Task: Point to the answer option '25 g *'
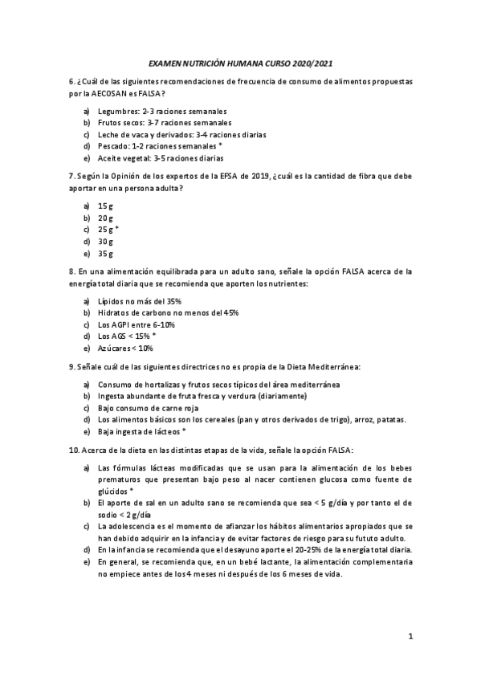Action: [x=108, y=230]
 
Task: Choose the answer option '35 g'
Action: [x=106, y=254]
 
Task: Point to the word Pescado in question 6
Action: [x=114, y=147]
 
